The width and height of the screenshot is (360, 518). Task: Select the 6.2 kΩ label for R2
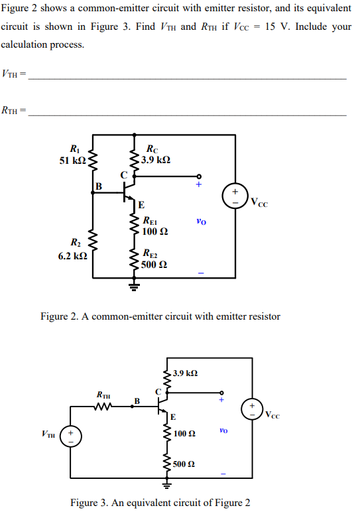pos(70,255)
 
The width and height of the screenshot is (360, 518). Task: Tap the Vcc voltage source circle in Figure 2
pos(235,195)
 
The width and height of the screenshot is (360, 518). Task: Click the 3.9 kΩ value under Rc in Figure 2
pos(156,161)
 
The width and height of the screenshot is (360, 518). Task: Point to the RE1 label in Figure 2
pos(151,221)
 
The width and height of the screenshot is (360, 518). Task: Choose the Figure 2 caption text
pos(160,316)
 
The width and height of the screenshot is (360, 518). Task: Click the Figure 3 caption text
pos(160,502)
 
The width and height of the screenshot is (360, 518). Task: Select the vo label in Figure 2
pos(202,222)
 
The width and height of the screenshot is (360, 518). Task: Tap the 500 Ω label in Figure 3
pos(184,464)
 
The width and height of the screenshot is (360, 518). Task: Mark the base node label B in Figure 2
pos(99,186)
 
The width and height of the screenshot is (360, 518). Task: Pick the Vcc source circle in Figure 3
pos(252,407)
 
